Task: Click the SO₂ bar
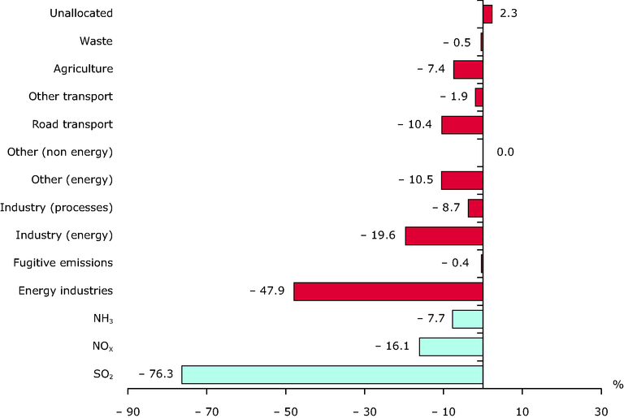[x=332, y=374]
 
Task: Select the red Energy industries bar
[x=388, y=291]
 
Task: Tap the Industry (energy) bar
[x=444, y=235]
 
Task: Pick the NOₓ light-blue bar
[x=451, y=347]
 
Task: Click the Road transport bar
[x=462, y=125]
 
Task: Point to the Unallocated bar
[x=487, y=14]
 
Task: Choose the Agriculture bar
[x=468, y=70]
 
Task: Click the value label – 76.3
[x=155, y=374]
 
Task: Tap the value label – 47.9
[x=267, y=291]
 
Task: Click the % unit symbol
[x=618, y=383]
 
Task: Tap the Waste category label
[x=96, y=41]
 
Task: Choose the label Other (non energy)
[x=59, y=153]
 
